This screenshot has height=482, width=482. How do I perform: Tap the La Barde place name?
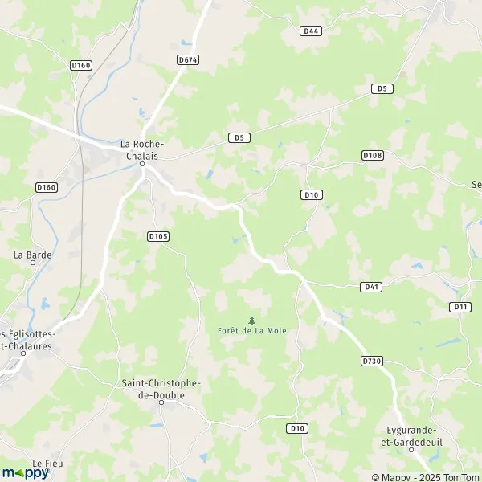[33, 255]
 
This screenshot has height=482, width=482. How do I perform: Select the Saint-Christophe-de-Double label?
[161, 390]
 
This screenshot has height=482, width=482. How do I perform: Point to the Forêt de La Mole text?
[252, 330]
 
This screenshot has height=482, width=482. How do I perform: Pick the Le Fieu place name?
[47, 464]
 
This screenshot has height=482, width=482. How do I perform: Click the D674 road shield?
[188, 59]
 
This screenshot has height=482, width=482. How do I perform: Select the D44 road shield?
[312, 31]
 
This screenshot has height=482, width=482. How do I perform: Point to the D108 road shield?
[373, 154]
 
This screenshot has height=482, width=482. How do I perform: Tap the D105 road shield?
[157, 236]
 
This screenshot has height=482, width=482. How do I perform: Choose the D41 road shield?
[371, 286]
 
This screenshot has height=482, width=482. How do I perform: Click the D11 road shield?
[460, 307]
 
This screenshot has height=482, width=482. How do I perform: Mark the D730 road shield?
[372, 361]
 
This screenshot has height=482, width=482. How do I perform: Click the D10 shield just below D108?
[312, 194]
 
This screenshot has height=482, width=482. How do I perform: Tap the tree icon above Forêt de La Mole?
[252, 320]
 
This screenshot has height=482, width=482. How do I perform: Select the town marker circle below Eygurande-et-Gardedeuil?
[411, 450]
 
